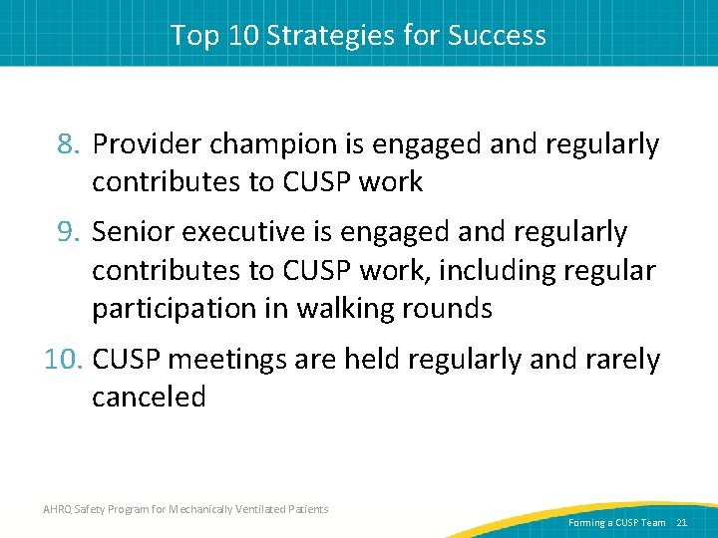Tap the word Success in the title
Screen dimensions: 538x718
[x=497, y=36]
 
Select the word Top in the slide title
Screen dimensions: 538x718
[x=191, y=36]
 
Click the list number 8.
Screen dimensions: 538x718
[x=69, y=145]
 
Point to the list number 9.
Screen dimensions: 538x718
[x=69, y=233]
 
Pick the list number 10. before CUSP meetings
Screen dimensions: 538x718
[x=64, y=360]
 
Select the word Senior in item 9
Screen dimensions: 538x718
[x=133, y=233]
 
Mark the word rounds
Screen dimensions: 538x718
[x=446, y=309]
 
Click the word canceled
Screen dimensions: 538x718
[x=149, y=398]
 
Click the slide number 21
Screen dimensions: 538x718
[x=682, y=523]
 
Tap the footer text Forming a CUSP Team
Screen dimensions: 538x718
[x=616, y=523]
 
